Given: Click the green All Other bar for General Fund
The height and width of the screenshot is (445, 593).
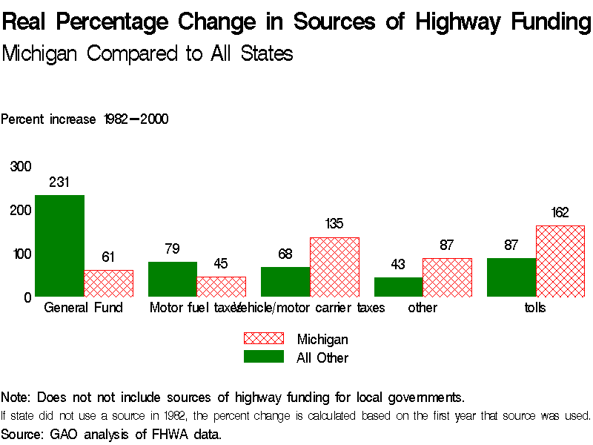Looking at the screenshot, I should pyautogui.click(x=59, y=245).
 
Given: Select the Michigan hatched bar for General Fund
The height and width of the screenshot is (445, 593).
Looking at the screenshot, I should pyautogui.click(x=109, y=283).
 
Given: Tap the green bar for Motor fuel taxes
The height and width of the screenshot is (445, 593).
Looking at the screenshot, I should pyautogui.click(x=172, y=279).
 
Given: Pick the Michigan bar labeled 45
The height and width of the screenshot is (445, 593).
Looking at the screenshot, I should pyautogui.click(x=222, y=286).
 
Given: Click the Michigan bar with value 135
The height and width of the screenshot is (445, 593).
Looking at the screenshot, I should pyautogui.click(x=334, y=267).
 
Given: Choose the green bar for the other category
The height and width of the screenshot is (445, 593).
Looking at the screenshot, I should pyautogui.click(x=398, y=287).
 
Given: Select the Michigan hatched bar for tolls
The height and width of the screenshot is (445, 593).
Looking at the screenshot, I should pyautogui.click(x=560, y=261).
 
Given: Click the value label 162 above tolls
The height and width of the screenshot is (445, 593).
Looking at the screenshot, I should pyautogui.click(x=560, y=213).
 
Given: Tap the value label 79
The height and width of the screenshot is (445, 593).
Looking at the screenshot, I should pyautogui.click(x=172, y=249).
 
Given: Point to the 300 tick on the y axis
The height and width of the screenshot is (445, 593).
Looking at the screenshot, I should pyautogui.click(x=21, y=166).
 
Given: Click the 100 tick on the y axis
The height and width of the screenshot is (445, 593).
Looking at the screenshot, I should pyautogui.click(x=21, y=254).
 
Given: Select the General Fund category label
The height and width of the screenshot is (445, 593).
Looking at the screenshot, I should pyautogui.click(x=84, y=308).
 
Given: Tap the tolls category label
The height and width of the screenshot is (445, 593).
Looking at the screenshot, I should pyautogui.click(x=535, y=308).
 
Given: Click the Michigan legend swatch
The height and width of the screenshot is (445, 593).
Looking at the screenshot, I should pyautogui.click(x=264, y=339).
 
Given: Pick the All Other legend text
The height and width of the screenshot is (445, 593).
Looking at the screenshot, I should pyautogui.click(x=322, y=357).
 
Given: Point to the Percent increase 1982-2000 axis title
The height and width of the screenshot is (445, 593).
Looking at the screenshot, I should pyautogui.click(x=85, y=119).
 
